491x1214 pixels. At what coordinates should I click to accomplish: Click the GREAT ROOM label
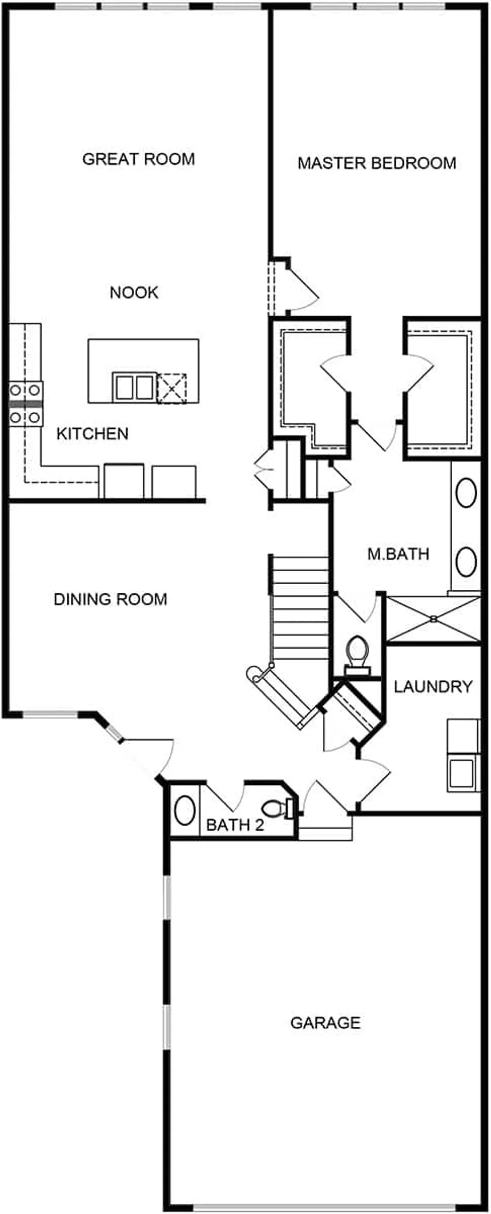pos(139,159)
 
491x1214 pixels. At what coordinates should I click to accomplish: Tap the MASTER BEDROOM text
pos(377,163)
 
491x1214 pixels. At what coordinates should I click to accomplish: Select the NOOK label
pos(134,293)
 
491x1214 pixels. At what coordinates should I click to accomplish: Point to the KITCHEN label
pos(92,434)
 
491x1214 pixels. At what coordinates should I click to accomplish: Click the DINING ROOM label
pos(110,599)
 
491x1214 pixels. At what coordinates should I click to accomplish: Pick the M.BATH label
pos(398,553)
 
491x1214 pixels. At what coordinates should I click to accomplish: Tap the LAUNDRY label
pos(433,686)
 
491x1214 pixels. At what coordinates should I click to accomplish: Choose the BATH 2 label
pos(235,825)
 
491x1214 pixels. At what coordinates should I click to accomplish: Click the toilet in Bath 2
pos(280,808)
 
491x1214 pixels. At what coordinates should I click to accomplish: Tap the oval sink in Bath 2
pos(184,810)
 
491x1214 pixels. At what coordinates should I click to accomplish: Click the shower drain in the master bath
pos(434,618)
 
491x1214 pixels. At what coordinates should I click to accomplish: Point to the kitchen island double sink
pos(134,387)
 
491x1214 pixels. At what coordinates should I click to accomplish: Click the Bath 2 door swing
pos(226,796)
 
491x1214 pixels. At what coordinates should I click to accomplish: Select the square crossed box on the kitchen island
pos(172,388)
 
